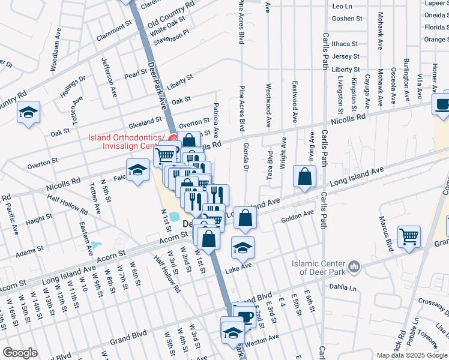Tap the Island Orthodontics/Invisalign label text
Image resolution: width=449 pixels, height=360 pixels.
coord(128,142)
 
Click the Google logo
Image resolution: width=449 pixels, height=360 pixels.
coord(20,353)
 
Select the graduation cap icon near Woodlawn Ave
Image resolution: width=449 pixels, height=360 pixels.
coord(28,112)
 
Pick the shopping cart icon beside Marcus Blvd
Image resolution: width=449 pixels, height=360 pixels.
coord(409,236)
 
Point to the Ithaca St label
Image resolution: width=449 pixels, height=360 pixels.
coord(344,44)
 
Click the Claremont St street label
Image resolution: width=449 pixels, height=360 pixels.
coord(113,31)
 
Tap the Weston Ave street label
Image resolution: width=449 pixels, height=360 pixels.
coord(262,338)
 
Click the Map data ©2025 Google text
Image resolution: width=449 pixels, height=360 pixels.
coord(412,355)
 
